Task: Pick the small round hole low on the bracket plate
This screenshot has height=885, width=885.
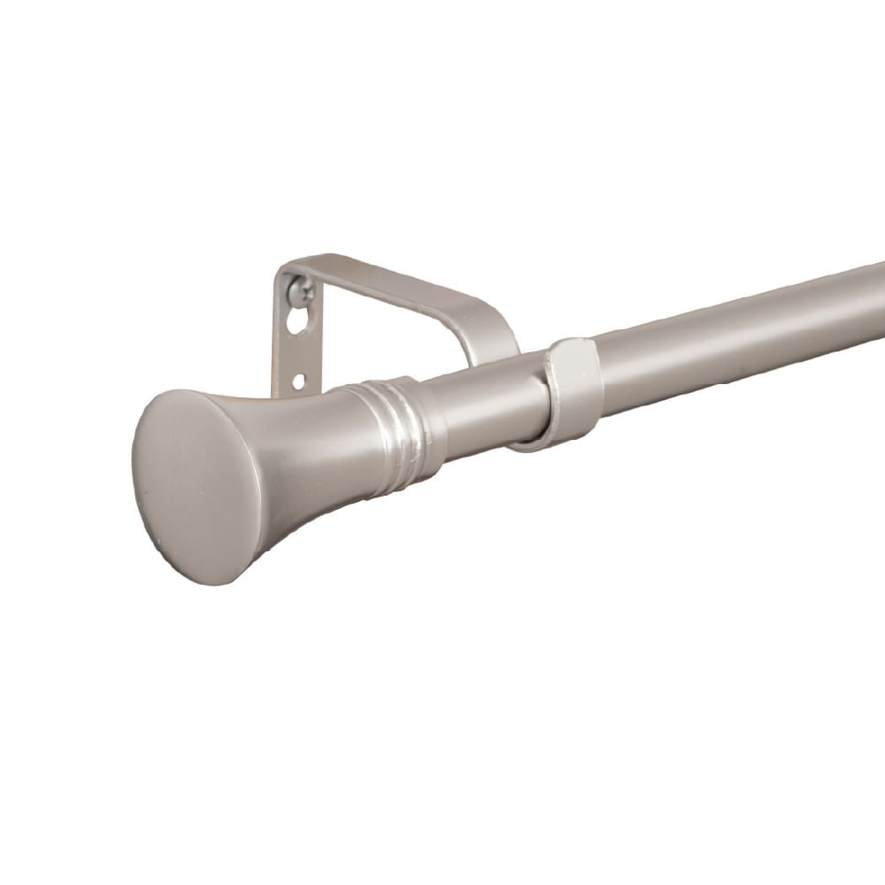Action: (298, 381)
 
